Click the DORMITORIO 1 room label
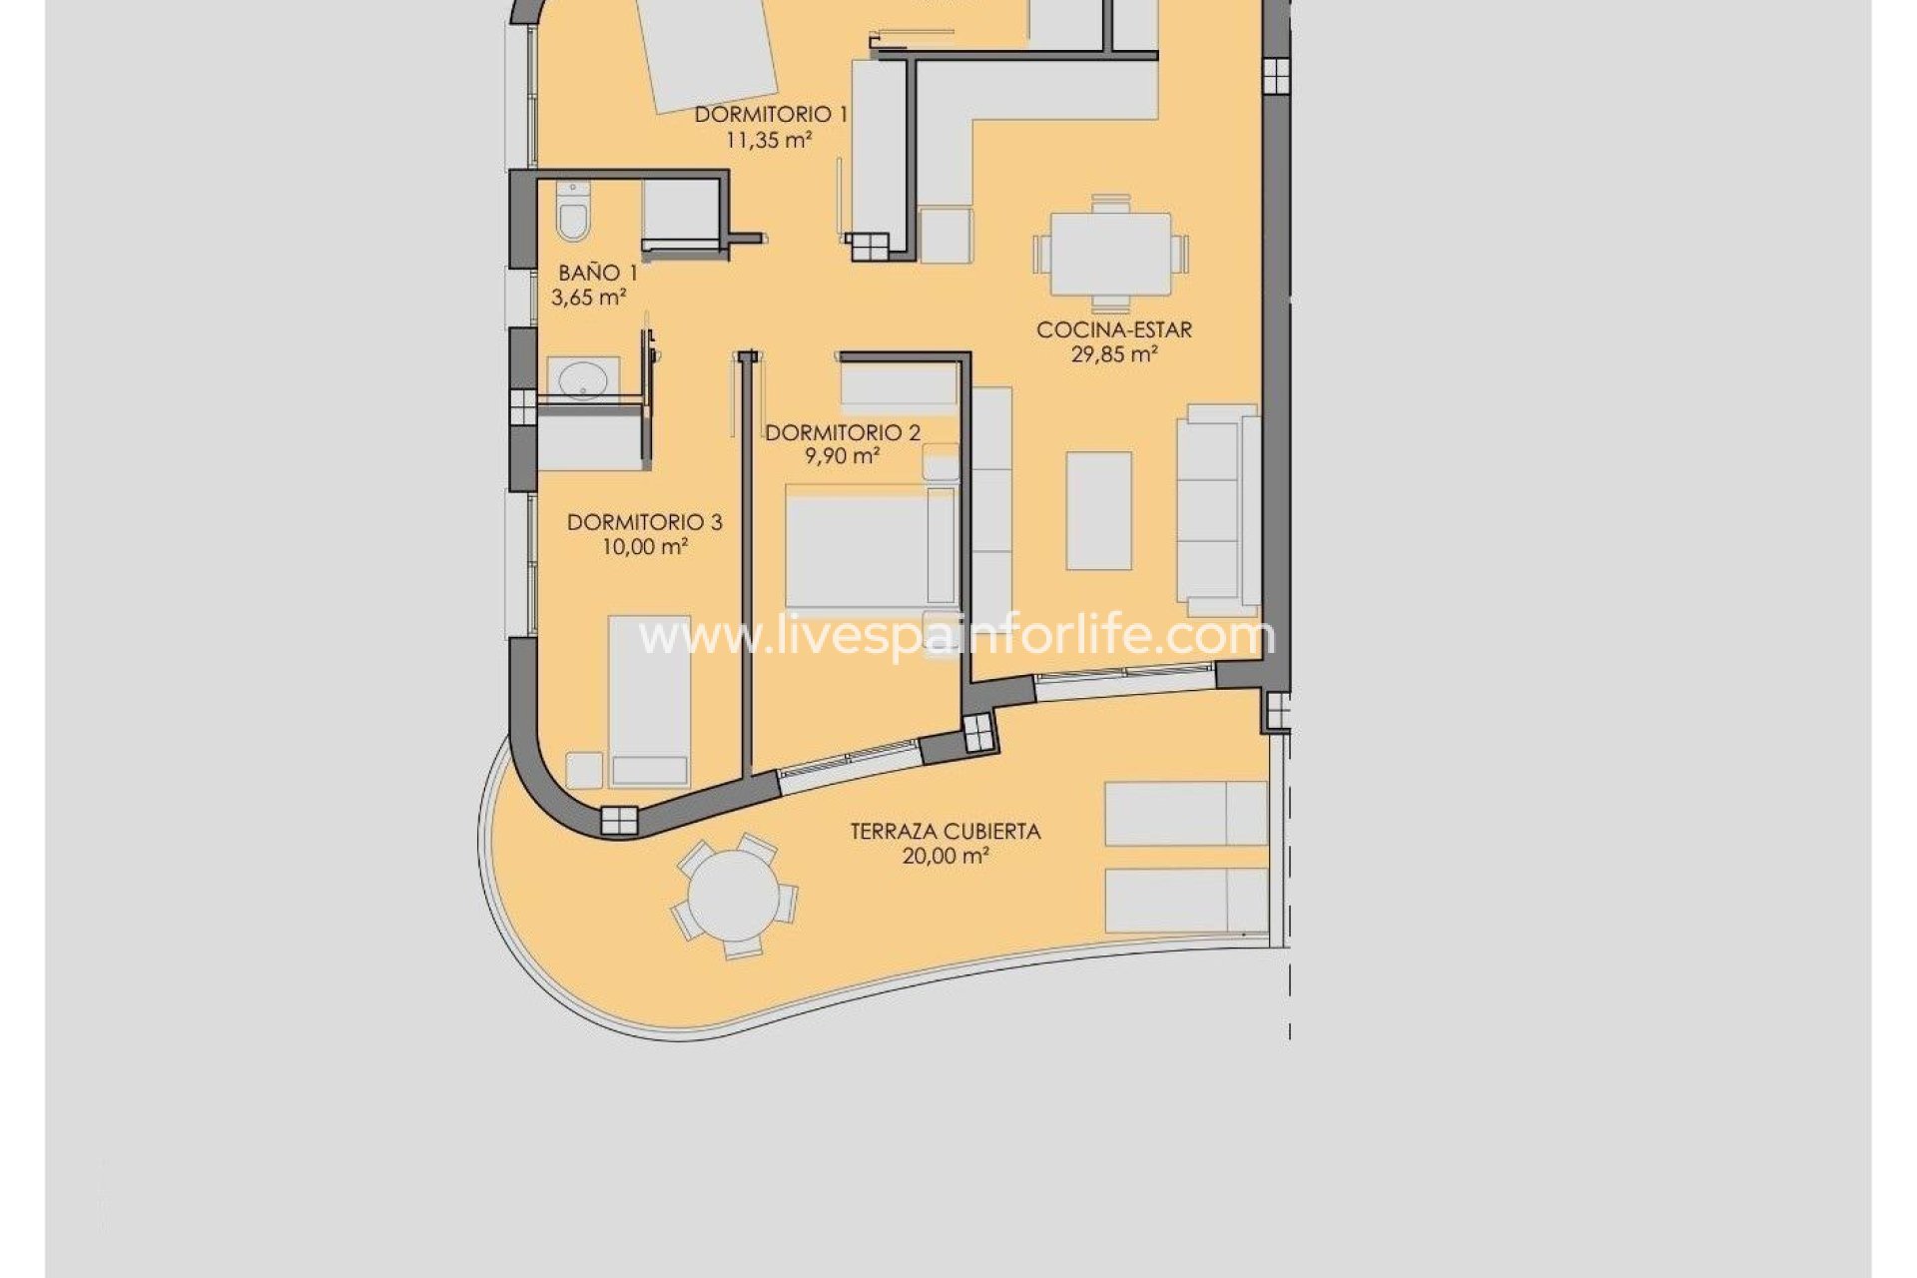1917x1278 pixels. click(x=771, y=115)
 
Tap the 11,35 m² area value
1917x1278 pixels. click(x=768, y=141)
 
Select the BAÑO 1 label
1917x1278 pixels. click(x=597, y=273)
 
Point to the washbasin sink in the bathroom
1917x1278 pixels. click(x=583, y=379)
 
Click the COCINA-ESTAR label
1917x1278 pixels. click(x=1113, y=329)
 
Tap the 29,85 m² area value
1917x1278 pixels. click(x=1113, y=354)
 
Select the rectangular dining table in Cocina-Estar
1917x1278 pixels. click(x=1110, y=254)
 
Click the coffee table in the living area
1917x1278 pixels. click(x=1098, y=510)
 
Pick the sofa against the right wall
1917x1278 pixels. click(x=1217, y=509)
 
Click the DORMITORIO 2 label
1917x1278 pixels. click(x=843, y=432)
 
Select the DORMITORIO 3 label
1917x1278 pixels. click(x=644, y=522)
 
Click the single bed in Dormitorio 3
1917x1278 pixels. click(x=649, y=699)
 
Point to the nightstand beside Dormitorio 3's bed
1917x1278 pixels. click(x=584, y=770)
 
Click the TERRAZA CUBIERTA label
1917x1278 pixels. click(x=945, y=831)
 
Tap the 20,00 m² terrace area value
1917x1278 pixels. click(x=945, y=857)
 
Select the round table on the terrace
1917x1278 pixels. click(x=734, y=895)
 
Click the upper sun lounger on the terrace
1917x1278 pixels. click(x=1185, y=813)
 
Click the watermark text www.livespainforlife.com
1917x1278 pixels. click(x=956, y=636)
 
